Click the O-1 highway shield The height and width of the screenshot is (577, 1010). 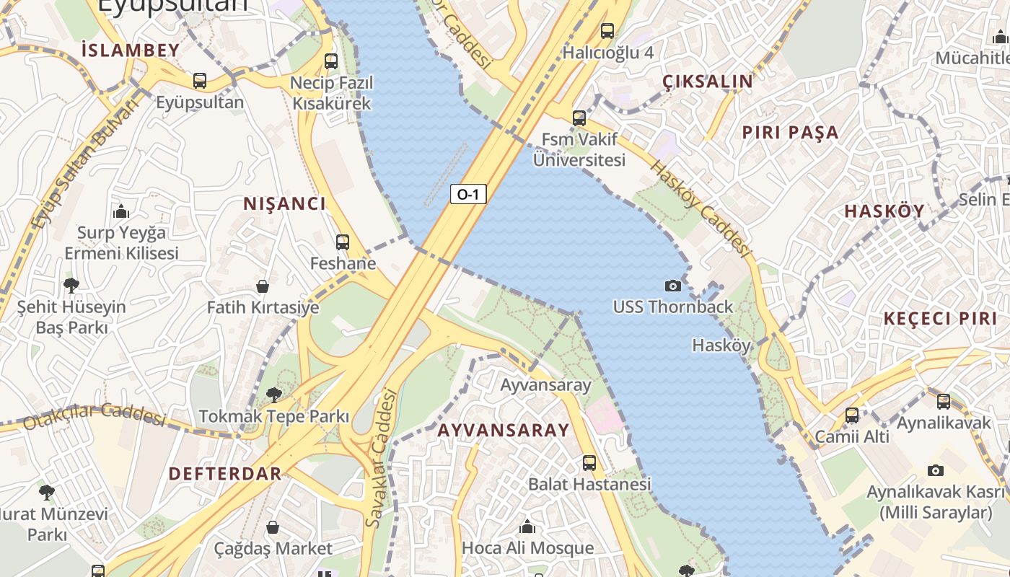point(468,194)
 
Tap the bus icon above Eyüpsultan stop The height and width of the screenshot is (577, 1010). point(200,81)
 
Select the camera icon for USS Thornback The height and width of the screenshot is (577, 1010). point(672,286)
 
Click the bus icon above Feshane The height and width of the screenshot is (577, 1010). point(343,242)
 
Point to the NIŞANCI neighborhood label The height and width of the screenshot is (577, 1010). point(284,204)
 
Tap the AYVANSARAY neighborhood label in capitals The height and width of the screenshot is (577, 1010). point(503,431)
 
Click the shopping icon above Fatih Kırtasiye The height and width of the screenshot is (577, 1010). point(263,286)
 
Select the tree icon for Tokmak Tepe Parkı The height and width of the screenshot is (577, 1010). point(273,395)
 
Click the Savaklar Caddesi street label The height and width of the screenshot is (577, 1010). point(381,457)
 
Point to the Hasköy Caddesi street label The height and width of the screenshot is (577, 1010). point(700,208)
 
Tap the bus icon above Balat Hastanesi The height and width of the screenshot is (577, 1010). point(589,463)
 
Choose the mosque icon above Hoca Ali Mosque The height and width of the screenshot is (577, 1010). point(527,527)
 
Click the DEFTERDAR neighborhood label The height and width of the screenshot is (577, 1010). point(224,474)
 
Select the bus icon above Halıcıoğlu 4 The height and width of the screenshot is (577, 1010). point(607,31)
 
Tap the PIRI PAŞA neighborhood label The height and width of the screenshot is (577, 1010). point(790,133)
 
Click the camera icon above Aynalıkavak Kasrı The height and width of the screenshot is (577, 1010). point(935,470)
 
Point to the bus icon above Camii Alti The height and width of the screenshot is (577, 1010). point(852,415)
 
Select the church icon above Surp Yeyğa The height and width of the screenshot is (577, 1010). point(121,211)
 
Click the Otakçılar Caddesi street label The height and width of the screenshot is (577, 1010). point(94,415)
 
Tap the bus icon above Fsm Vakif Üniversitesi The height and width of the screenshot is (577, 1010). point(579,118)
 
